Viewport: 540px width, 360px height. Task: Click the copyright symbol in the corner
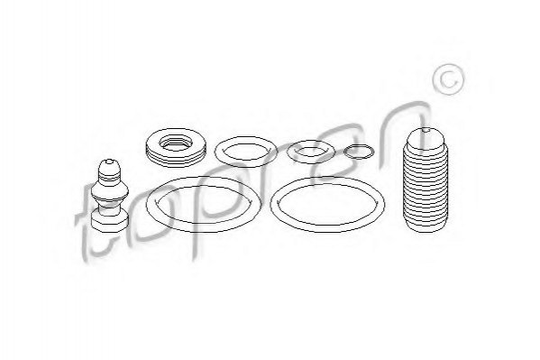[448, 79]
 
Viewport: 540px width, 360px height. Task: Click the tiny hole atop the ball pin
[109, 161]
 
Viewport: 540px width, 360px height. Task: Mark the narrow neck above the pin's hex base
[109, 208]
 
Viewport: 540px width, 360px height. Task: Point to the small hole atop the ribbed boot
[426, 130]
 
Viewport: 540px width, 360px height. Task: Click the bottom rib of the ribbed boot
[426, 226]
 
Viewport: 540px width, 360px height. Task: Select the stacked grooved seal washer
[176, 147]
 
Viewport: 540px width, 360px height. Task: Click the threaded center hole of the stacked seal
[176, 143]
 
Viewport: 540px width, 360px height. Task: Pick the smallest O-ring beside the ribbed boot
[359, 152]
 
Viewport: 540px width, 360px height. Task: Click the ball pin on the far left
[109, 195]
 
